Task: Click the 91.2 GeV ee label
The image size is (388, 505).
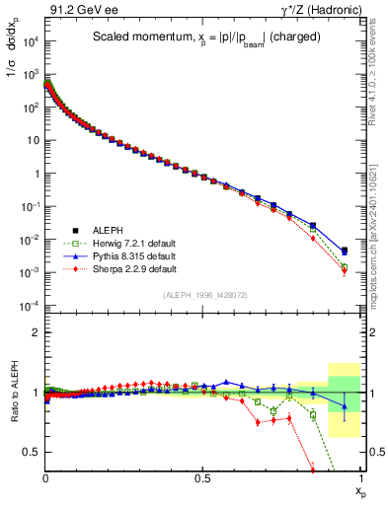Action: (x=78, y=10)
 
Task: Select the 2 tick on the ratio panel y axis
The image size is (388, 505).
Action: (x=37, y=333)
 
